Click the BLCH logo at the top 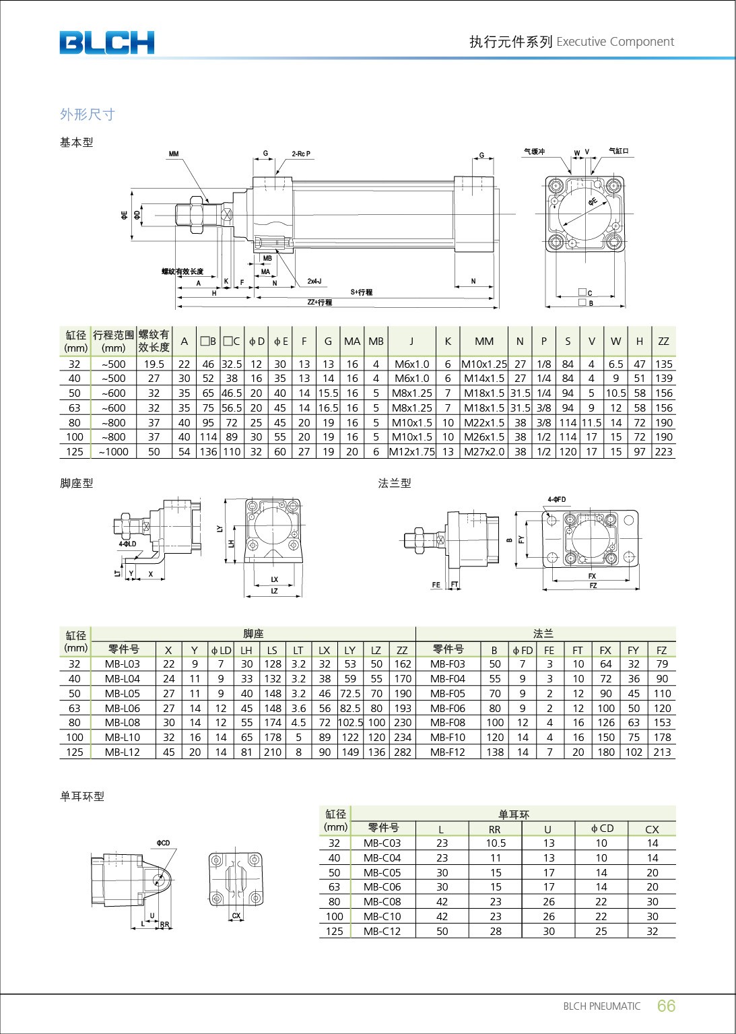(106, 42)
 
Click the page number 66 (665, 1006)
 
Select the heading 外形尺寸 (88, 115)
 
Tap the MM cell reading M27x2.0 (483, 452)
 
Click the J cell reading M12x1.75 (411, 452)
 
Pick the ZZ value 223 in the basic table (663, 452)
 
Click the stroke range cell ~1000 (113, 452)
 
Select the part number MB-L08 (123, 723)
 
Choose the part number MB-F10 (448, 738)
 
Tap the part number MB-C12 (382, 932)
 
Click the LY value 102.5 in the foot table (350, 723)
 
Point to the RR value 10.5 (496, 843)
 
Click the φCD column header (601, 829)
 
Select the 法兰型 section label (395, 483)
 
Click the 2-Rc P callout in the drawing (301, 154)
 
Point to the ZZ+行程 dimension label (320, 302)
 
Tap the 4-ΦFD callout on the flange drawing (556, 500)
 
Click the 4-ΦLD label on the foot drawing (127, 544)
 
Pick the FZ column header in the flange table (661, 650)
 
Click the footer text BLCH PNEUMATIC (601, 1006)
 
